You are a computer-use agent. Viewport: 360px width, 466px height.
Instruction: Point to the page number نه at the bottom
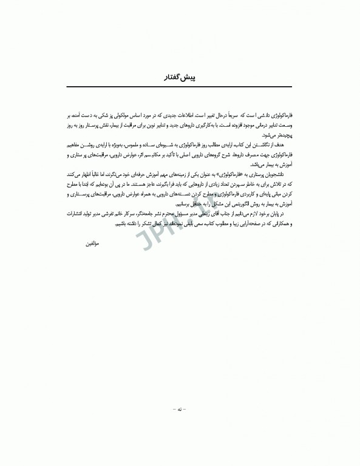point(180,410)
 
